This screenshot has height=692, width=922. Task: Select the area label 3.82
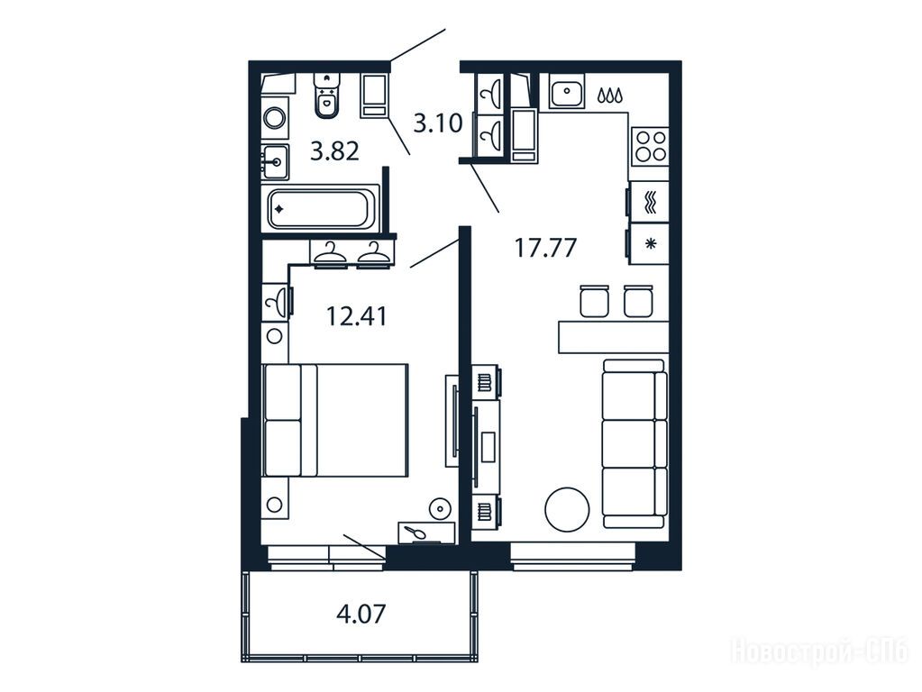(334, 152)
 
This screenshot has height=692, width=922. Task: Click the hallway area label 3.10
(438, 123)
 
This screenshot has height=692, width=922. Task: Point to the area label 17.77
(545, 248)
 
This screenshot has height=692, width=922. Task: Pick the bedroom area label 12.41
(356, 316)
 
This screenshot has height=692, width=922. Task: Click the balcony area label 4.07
(361, 615)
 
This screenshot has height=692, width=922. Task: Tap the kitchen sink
(567, 91)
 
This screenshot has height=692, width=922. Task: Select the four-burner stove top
(649, 146)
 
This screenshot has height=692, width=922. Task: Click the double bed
(334, 420)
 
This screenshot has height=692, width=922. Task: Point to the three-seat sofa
(635, 443)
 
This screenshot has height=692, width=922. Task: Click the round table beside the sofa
(568, 510)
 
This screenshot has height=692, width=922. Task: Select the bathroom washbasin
(275, 160)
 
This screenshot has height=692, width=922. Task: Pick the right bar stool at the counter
(638, 300)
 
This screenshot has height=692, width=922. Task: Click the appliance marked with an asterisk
(648, 243)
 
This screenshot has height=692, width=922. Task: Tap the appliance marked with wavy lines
(648, 202)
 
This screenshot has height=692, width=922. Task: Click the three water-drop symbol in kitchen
(610, 96)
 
